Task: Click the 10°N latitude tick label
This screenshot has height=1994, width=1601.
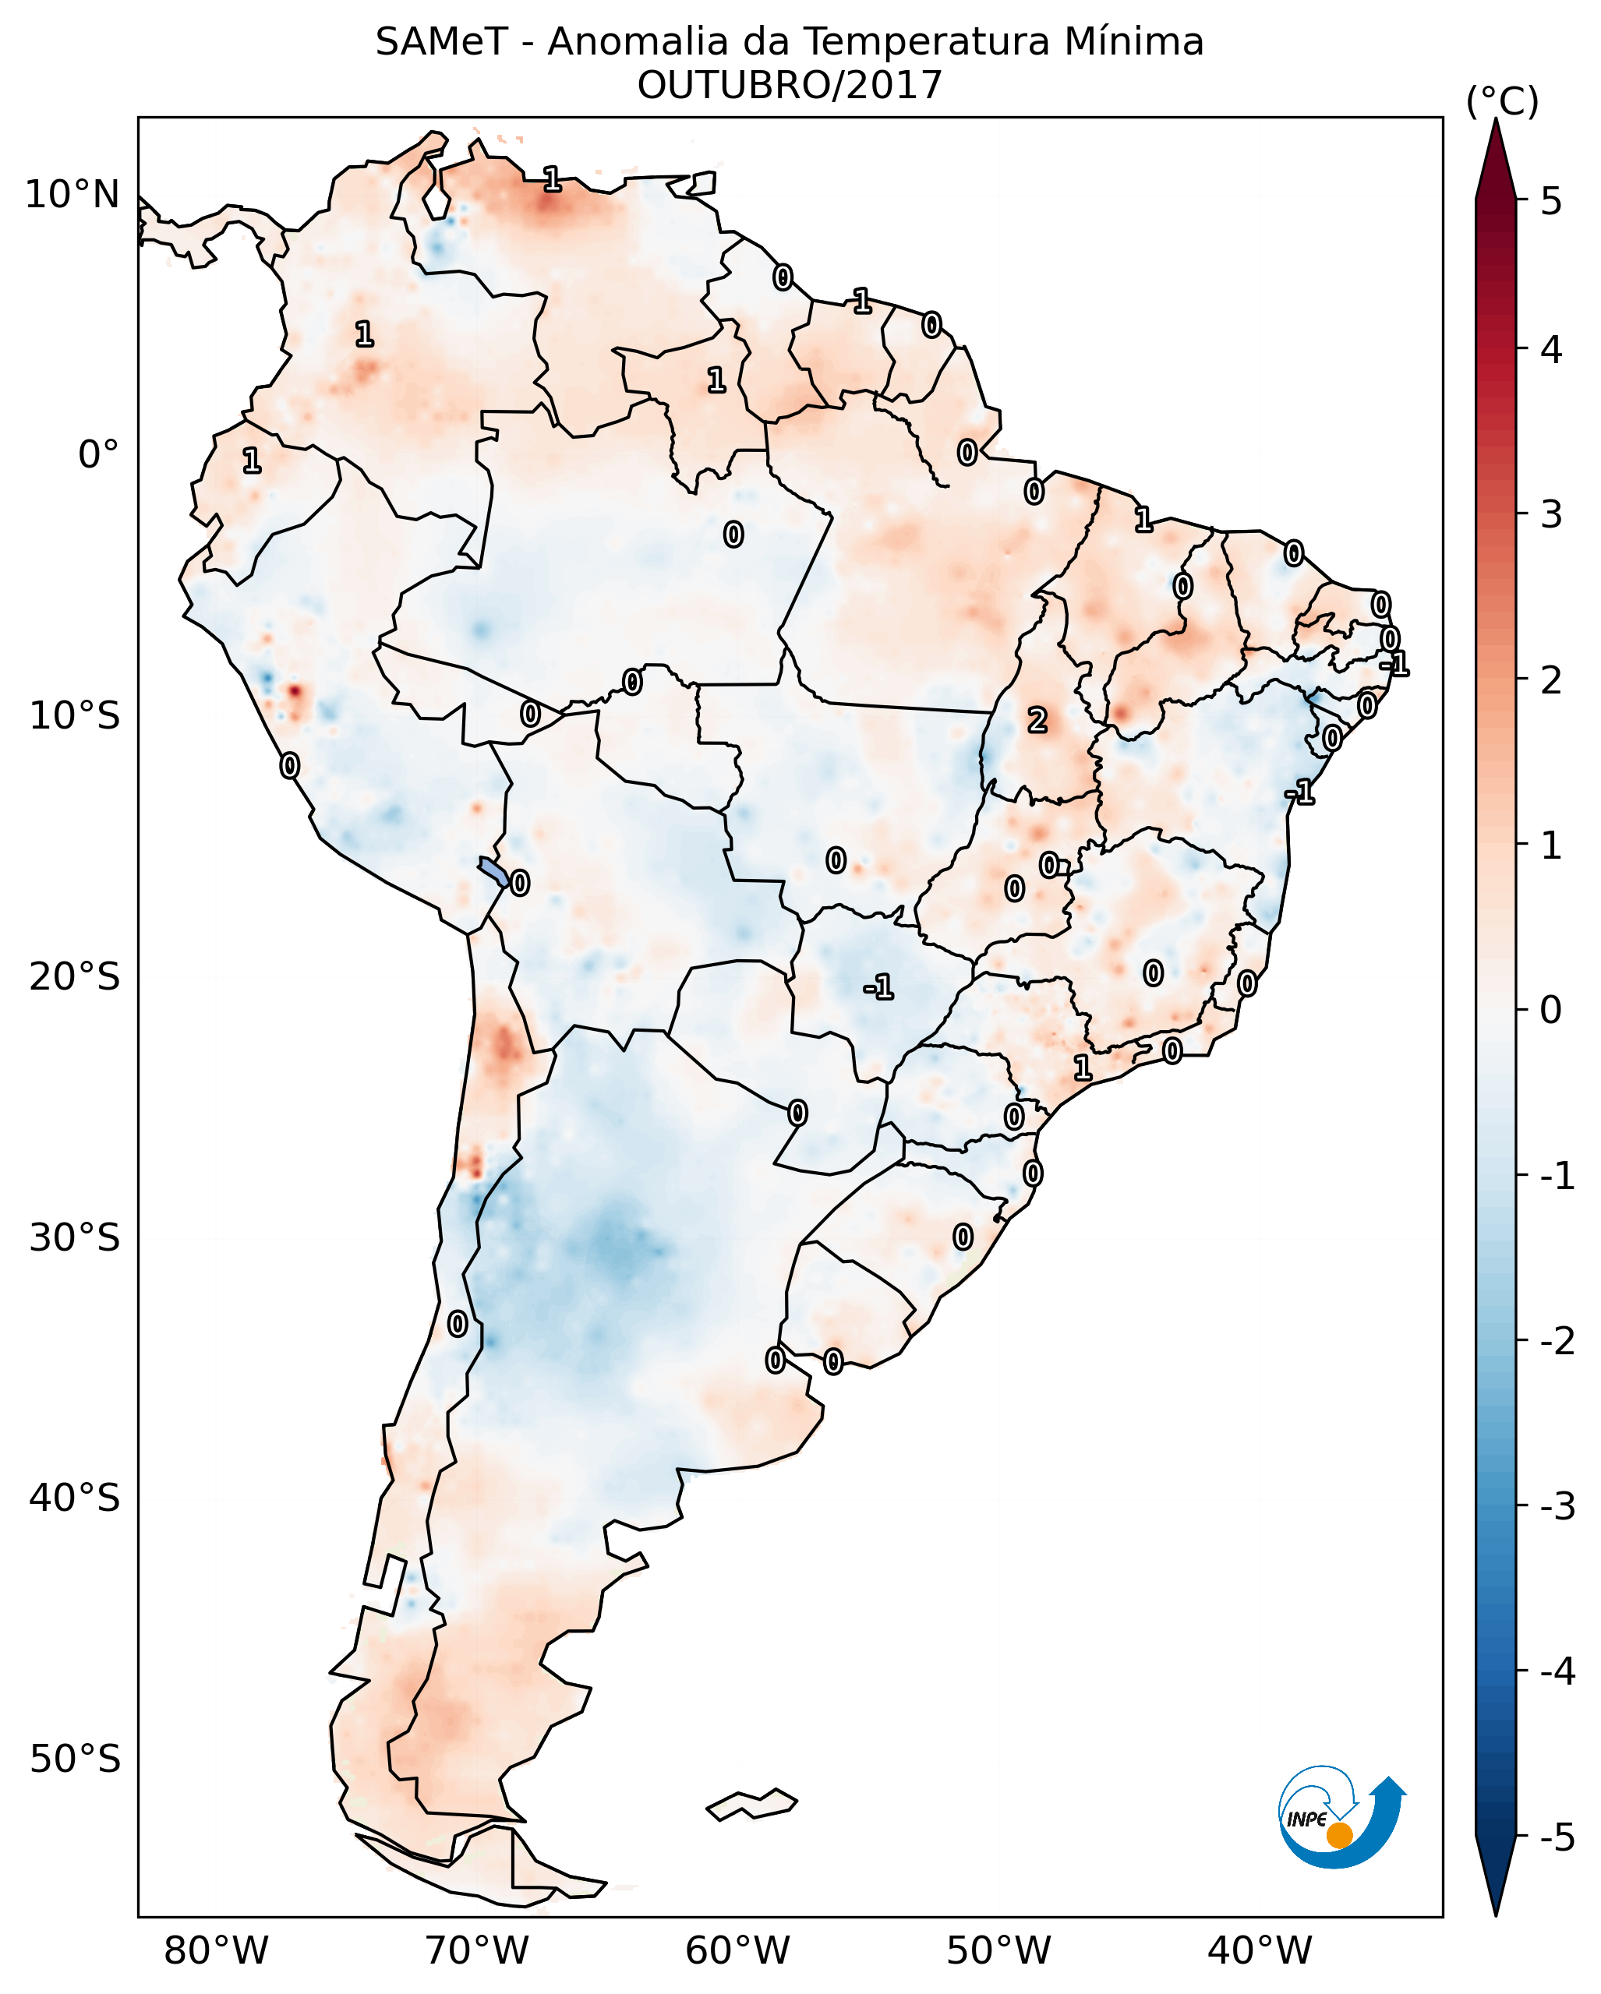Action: (x=72, y=195)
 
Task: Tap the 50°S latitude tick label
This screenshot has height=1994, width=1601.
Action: (x=74, y=1759)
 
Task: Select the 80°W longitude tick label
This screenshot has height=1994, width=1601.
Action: (x=215, y=1950)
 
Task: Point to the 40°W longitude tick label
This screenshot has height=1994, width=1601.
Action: (x=1260, y=1950)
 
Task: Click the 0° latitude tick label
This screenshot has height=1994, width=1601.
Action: (x=98, y=455)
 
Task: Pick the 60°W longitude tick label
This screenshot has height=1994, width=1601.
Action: (x=737, y=1950)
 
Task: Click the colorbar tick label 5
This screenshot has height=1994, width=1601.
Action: (x=1551, y=201)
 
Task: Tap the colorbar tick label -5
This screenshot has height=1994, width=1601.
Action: (x=1557, y=1837)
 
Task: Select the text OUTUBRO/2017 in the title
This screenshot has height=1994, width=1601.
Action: (x=789, y=86)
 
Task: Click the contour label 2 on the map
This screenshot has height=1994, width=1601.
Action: (x=1037, y=719)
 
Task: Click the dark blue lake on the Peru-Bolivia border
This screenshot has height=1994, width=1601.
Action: (x=493, y=870)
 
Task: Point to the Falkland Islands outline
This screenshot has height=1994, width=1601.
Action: (x=752, y=1803)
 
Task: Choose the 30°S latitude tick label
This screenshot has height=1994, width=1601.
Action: (x=74, y=1237)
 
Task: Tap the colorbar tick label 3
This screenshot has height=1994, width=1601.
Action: (x=1551, y=514)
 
